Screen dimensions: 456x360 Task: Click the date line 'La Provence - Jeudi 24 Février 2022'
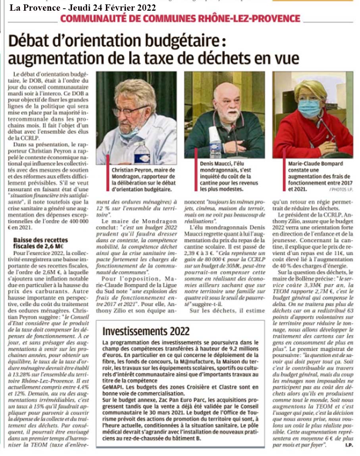83,8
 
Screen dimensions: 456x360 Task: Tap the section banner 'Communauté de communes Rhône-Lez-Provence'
180,19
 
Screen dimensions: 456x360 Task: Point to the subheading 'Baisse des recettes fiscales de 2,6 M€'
41,243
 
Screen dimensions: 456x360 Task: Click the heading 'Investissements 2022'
146,331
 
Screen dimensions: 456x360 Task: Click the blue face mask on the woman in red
309,108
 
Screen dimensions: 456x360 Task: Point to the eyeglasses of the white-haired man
129,110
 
